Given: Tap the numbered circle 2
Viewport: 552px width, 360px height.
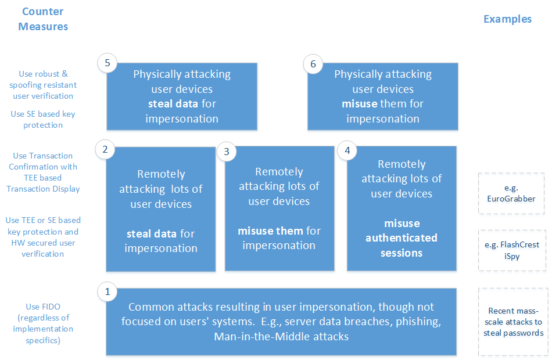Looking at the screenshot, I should click(x=105, y=149).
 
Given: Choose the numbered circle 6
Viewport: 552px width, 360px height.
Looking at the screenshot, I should click(x=313, y=64).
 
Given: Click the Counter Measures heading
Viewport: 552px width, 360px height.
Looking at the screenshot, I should click(x=43, y=19).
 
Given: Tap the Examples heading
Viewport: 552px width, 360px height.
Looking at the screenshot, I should click(x=507, y=19).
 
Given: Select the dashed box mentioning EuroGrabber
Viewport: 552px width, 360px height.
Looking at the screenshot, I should click(x=511, y=193).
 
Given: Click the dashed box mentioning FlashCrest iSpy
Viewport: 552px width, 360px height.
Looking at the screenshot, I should click(x=511, y=250).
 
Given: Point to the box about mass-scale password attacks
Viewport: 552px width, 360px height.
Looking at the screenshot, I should click(x=513, y=322).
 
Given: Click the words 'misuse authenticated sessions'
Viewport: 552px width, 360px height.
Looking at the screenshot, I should click(x=402, y=238).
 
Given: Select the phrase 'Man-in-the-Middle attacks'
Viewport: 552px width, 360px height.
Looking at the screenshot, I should click(x=281, y=337).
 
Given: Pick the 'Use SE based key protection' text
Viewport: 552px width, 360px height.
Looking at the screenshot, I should click(x=43, y=119).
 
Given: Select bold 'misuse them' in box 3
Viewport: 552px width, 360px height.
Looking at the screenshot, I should click(x=270, y=231).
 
